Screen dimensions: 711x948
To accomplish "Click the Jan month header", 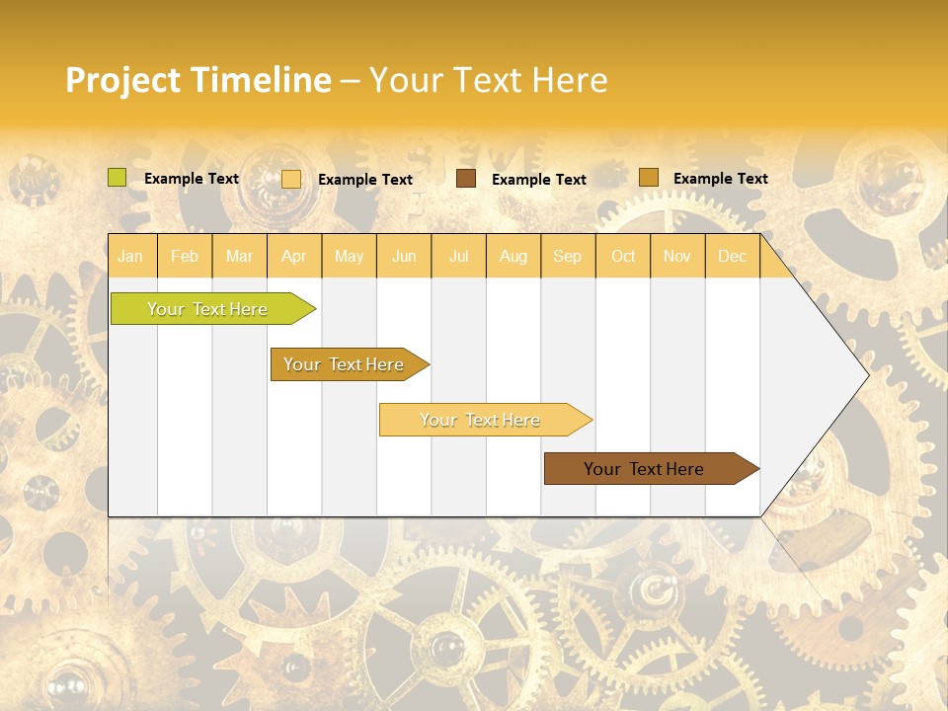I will (130, 256).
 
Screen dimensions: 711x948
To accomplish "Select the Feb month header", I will (185, 256).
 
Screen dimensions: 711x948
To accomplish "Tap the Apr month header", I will (293, 256).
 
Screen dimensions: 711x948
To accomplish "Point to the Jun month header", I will (404, 256).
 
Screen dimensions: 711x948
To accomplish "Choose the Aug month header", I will (513, 256).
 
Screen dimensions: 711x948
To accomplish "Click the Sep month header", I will (567, 256).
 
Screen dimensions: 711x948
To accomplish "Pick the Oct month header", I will (623, 256).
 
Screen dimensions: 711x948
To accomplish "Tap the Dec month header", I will (732, 256).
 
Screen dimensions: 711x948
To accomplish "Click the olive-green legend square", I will (118, 178).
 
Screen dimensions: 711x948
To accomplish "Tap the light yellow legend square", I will (291, 179).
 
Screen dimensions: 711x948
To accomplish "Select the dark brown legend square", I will (466, 179).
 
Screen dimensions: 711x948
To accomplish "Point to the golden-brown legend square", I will (648, 178).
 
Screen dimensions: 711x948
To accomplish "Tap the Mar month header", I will (239, 256).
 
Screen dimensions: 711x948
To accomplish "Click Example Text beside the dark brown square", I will (538, 180).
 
